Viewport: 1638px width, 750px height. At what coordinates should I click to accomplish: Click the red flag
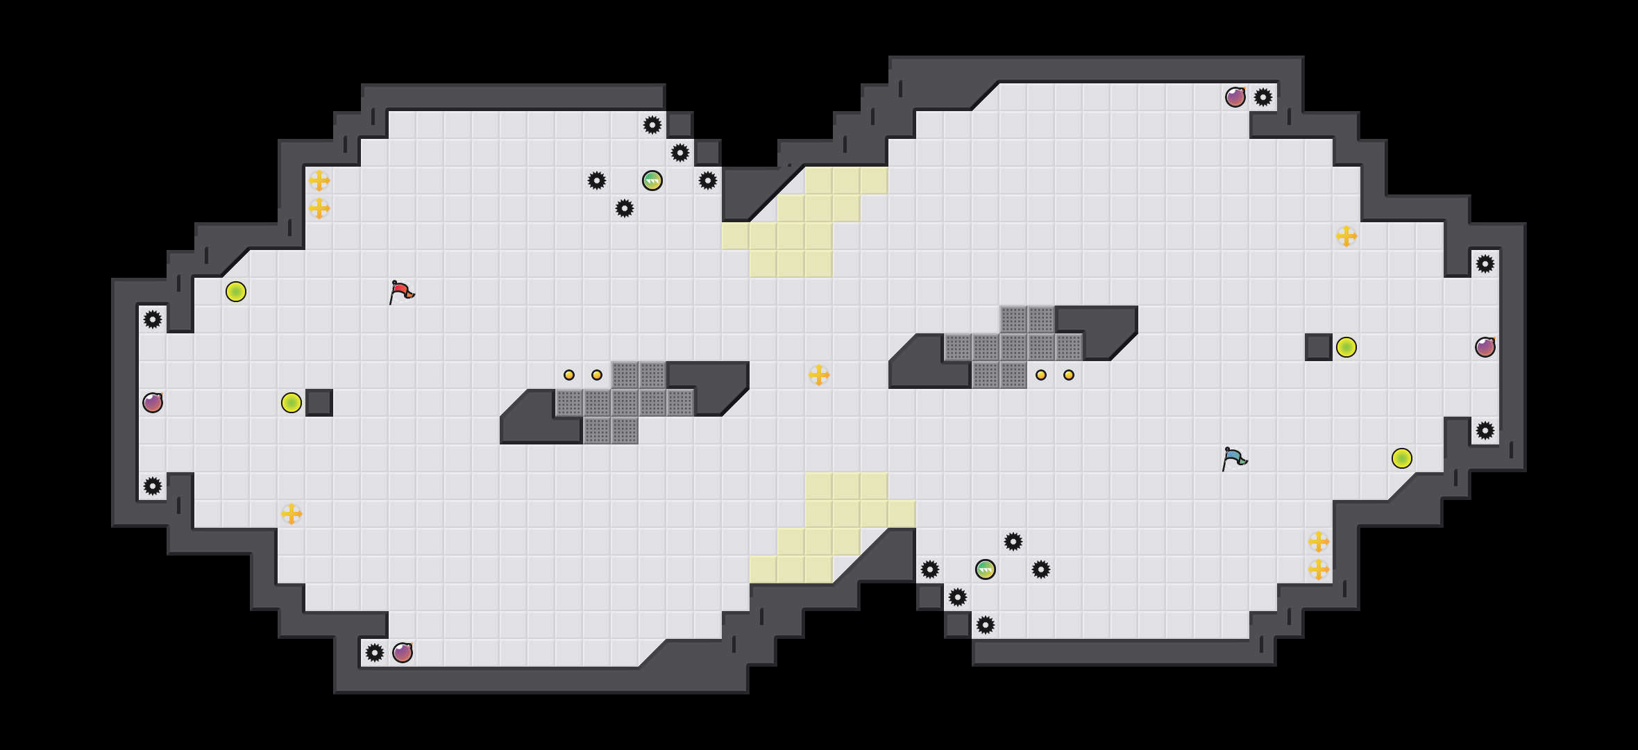[401, 292]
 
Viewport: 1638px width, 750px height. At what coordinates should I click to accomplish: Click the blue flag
[1234, 458]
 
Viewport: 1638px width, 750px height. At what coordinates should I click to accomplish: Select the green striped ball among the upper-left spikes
[652, 181]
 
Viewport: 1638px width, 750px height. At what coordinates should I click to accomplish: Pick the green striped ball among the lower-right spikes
[986, 569]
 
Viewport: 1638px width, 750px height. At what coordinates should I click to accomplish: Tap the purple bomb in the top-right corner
[1235, 97]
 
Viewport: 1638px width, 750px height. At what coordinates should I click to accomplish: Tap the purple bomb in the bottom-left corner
[403, 653]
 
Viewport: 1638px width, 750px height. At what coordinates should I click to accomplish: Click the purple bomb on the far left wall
[153, 403]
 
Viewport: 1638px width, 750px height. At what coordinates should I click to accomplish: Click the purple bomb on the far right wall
[1485, 347]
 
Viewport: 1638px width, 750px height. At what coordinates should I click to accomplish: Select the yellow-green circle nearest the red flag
[236, 292]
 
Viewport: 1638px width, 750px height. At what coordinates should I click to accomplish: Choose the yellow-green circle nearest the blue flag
[1402, 458]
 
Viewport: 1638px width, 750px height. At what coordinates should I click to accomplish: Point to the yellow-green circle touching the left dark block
[292, 403]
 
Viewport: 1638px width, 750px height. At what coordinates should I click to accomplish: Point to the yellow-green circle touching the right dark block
[1346, 347]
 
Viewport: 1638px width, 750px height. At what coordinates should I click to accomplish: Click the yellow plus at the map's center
[819, 375]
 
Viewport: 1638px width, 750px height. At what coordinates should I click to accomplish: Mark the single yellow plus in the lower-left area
[292, 514]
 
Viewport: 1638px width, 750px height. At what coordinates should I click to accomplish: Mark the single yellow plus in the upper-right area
[1346, 236]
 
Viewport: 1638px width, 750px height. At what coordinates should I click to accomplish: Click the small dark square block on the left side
[319, 403]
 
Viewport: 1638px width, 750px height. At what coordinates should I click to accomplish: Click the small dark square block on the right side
[1319, 347]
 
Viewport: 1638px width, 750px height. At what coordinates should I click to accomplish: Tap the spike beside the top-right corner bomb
[1263, 97]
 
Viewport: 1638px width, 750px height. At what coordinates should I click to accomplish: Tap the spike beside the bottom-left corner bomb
[375, 653]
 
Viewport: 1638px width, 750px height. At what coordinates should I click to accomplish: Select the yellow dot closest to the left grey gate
[597, 375]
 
